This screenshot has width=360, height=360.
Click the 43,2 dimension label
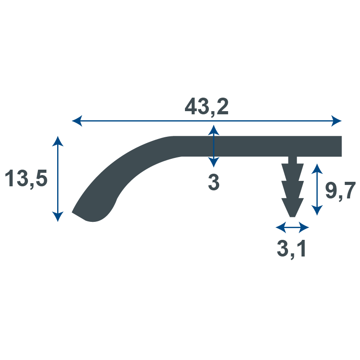pyautogui.click(x=207, y=106)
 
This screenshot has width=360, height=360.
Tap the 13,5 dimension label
pyautogui.click(x=26, y=178)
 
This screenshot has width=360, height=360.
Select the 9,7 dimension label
pyautogui.click(x=341, y=190)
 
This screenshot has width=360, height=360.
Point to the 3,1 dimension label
pyautogui.click(x=291, y=248)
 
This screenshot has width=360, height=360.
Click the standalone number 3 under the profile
pyautogui.click(x=214, y=182)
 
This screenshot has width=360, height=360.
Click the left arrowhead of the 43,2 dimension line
pyautogui.click(x=77, y=121)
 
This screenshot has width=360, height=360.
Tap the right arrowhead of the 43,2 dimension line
pyautogui.click(x=336, y=121)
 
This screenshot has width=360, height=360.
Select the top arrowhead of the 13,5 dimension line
pyautogui.click(x=58, y=141)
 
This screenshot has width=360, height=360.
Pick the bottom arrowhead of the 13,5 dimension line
pyautogui.click(x=58, y=217)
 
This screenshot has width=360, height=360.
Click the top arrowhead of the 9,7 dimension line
pyautogui.click(x=317, y=169)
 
